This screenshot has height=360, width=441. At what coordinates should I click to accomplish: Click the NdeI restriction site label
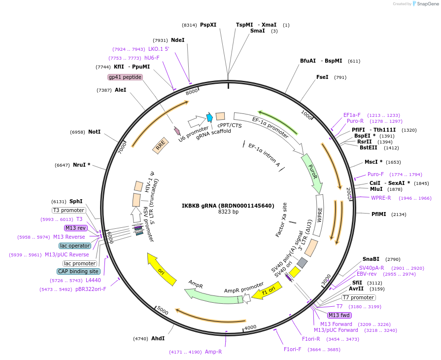(x=177, y=40)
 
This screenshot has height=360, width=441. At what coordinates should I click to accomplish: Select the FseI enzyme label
(x=322, y=77)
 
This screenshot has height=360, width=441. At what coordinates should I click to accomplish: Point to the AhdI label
(x=158, y=338)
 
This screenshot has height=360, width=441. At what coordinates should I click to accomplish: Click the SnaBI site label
(x=371, y=259)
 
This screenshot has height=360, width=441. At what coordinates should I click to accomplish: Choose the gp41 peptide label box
(x=125, y=77)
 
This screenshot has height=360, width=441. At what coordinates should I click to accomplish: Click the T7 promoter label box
(x=359, y=297)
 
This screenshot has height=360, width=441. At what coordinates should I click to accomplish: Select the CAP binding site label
(x=79, y=271)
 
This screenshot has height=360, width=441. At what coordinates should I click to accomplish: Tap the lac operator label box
(x=75, y=246)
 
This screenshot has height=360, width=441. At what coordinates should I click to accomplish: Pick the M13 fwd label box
(x=339, y=315)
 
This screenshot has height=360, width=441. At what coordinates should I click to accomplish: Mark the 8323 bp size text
(x=228, y=212)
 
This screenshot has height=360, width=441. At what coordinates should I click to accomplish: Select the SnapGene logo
(x=424, y=4)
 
